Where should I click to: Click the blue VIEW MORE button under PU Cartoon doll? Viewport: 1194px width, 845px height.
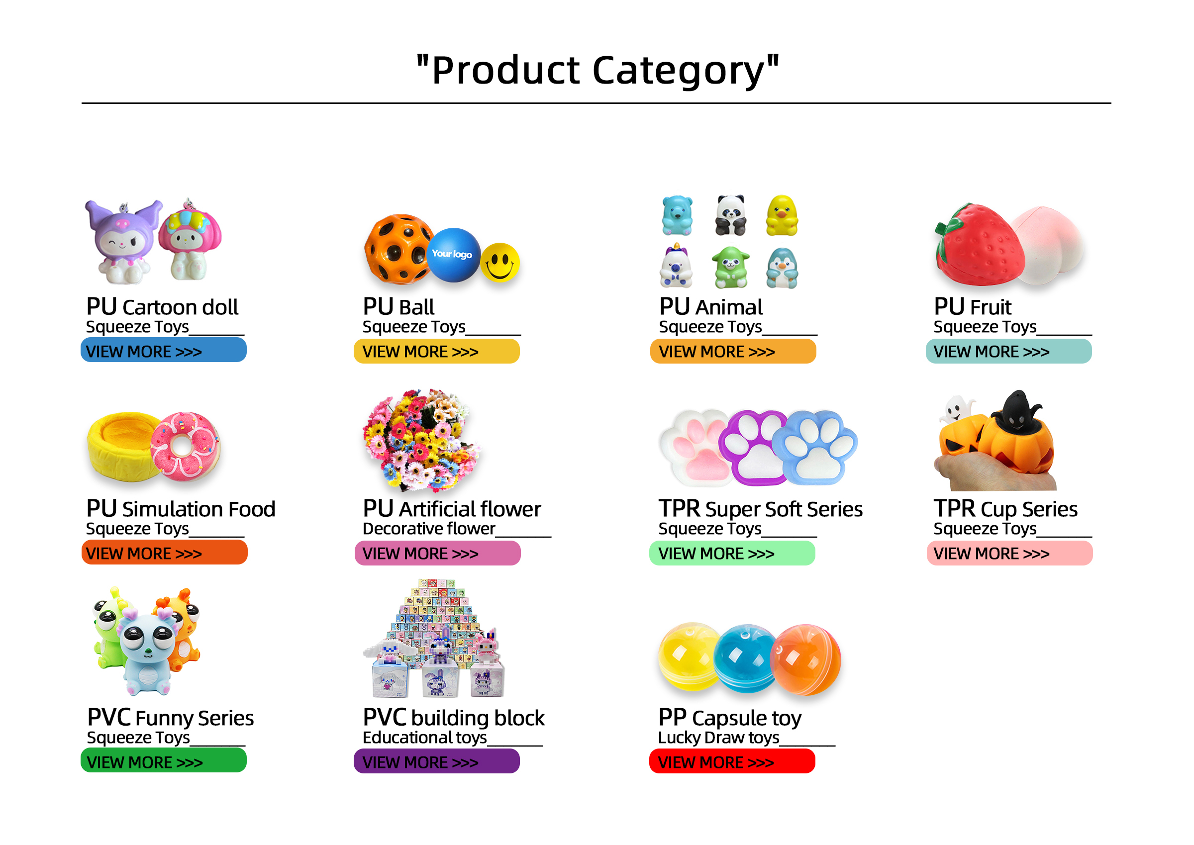coord(164,350)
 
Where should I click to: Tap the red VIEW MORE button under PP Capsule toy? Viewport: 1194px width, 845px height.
coord(732,761)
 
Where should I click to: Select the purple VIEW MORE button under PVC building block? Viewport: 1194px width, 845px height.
coord(436,761)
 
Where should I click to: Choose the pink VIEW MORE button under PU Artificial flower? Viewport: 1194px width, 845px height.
coord(437,553)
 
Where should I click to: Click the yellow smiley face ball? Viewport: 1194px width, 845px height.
coord(499,262)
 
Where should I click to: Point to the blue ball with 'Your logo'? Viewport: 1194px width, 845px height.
coord(453,255)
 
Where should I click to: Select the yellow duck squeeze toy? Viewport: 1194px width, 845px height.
coord(782,215)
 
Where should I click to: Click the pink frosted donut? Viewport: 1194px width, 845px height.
coord(185,447)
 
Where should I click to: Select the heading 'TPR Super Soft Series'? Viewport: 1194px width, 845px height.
coord(761,508)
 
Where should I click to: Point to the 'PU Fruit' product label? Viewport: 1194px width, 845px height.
coord(972,306)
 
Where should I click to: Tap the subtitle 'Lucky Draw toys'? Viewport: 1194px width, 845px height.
coord(719,737)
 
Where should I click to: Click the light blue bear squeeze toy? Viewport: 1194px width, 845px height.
coord(677,215)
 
